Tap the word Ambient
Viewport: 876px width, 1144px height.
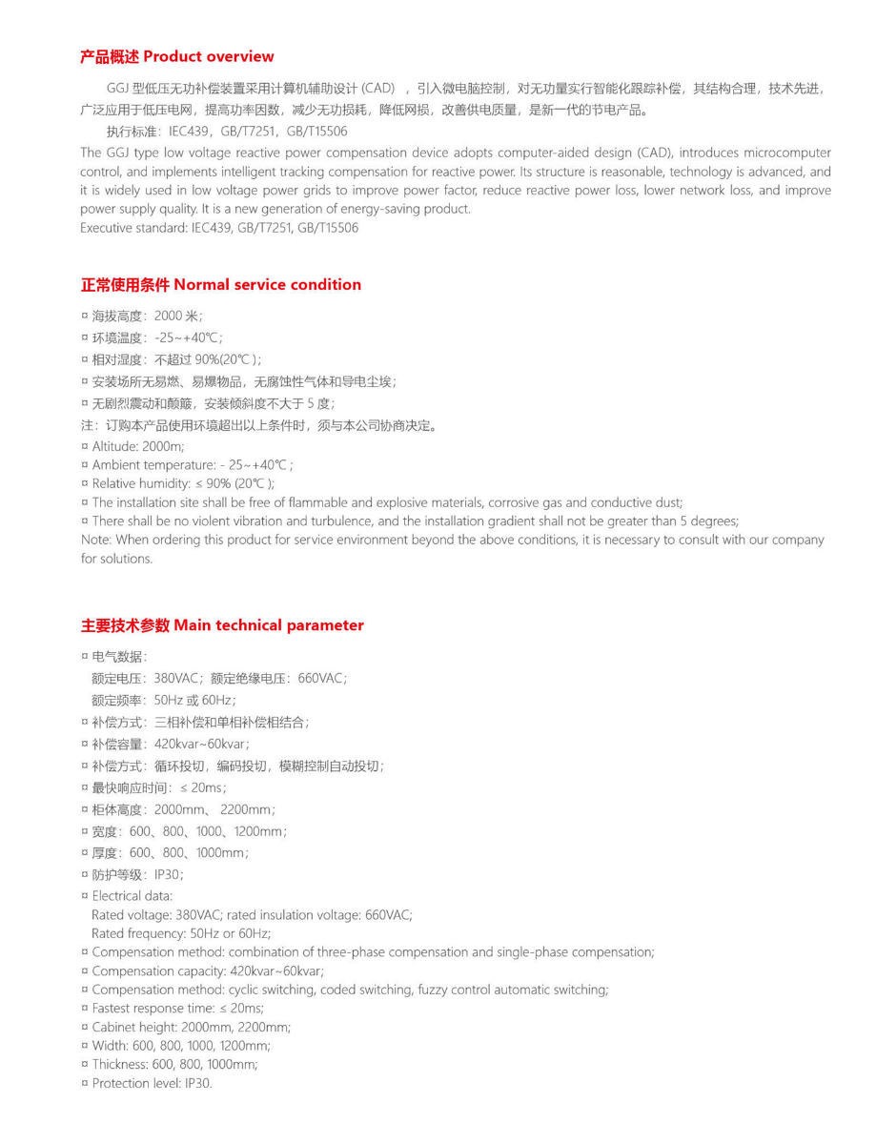117,465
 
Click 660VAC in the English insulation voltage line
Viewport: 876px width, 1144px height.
388,915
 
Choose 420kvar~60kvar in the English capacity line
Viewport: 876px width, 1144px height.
276,971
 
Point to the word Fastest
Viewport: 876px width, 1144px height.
114,1009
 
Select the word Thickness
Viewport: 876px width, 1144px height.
121,1065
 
